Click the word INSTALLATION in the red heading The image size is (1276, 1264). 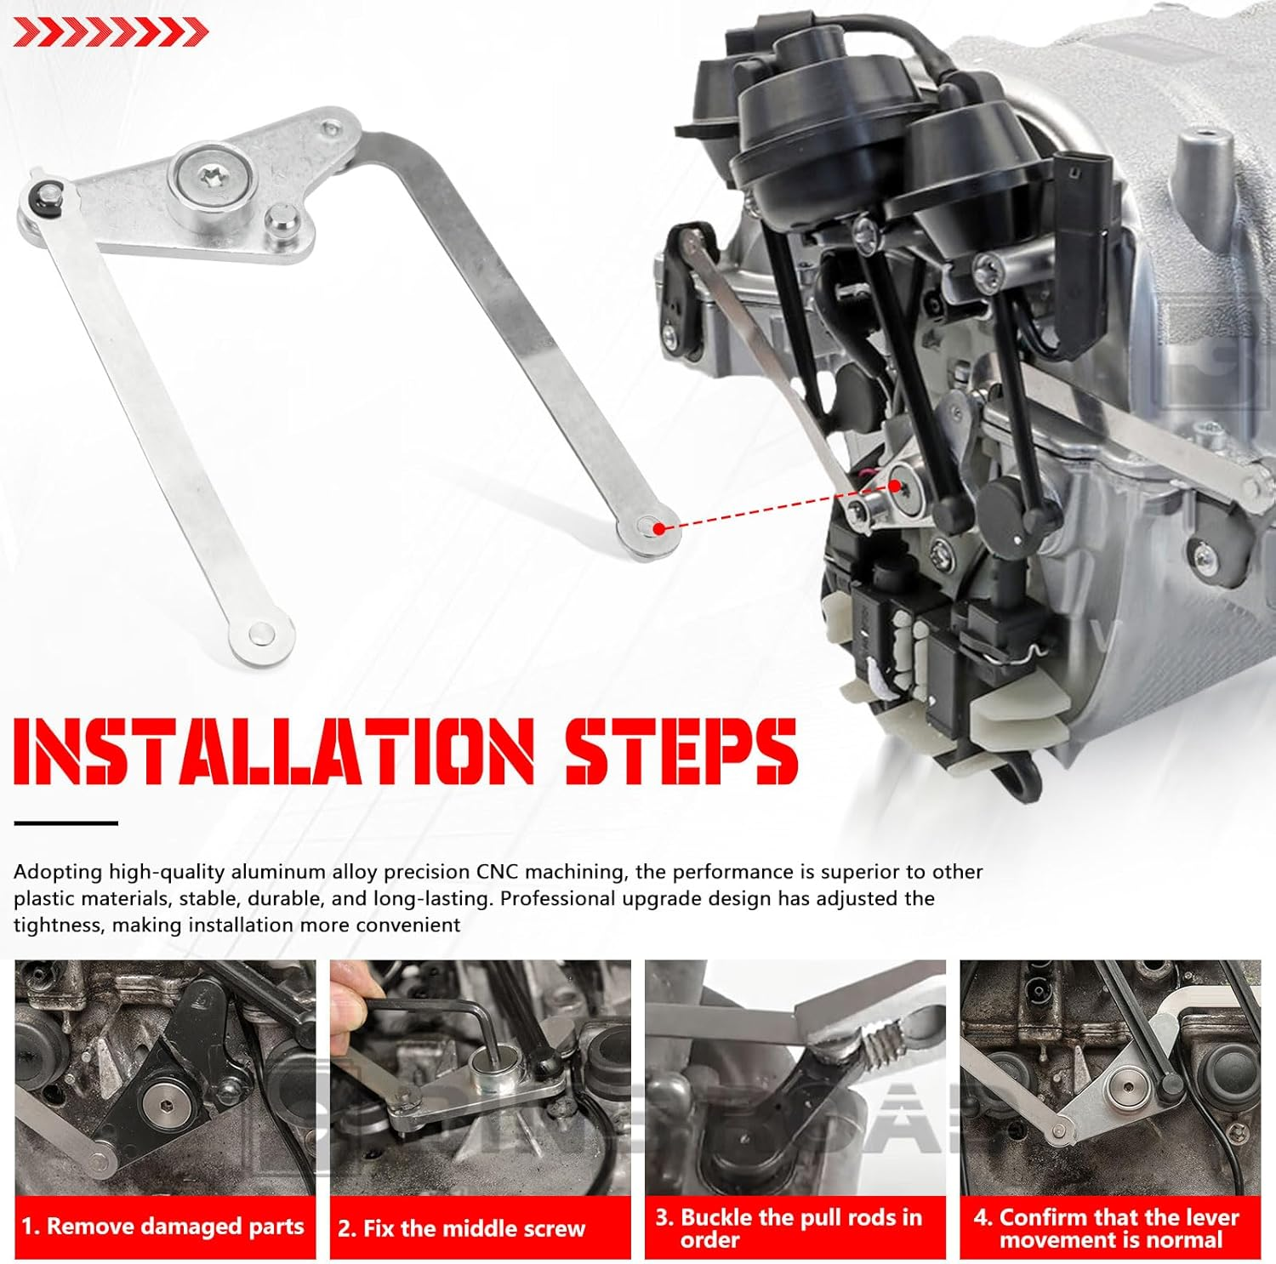[274, 751]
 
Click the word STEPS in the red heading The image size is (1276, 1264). [681, 751]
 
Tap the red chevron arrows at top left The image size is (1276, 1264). [111, 33]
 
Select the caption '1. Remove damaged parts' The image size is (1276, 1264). [163, 1227]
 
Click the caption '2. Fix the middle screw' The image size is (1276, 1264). [462, 1228]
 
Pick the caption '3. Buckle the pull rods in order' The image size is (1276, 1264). [789, 1227]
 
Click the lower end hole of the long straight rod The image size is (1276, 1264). [260, 634]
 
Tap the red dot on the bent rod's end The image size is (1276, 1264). [658, 528]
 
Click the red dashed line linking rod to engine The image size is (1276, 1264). [774, 507]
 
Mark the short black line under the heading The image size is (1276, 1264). [66, 823]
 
